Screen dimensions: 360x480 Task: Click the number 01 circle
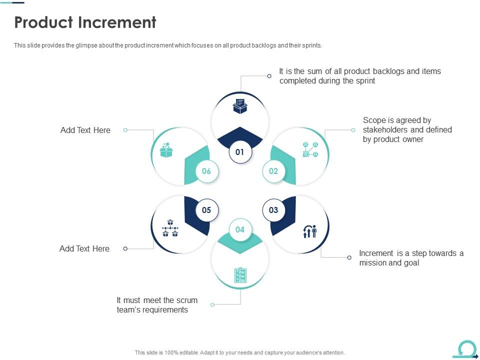tap(240, 152)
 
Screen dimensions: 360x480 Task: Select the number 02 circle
tap(273, 171)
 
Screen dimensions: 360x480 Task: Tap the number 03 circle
tap(273, 210)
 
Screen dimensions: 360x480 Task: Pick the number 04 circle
tap(240, 229)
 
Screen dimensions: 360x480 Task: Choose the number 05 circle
tap(206, 210)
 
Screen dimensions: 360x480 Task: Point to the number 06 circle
tap(206, 171)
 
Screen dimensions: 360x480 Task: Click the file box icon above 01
tap(240, 106)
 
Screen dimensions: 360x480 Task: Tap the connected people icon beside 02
tap(310, 149)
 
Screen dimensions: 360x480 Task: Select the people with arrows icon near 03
tap(310, 231)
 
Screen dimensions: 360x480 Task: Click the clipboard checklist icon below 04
tap(240, 275)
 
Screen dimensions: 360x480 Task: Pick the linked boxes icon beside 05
tap(170, 228)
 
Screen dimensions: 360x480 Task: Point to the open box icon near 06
tap(166, 150)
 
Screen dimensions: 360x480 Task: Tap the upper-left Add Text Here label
tap(85, 130)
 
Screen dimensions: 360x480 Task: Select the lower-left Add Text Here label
tap(84, 248)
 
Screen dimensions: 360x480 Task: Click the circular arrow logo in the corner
tap(466, 349)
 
